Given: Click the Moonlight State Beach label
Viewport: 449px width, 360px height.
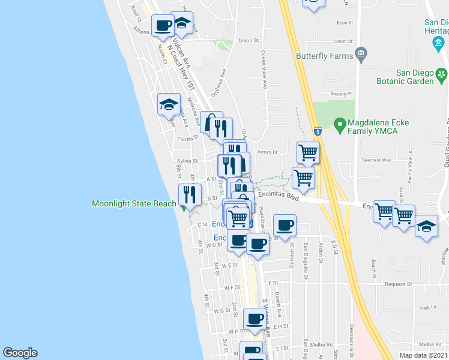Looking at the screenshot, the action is point(134,204).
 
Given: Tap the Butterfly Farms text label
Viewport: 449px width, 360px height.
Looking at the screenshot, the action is point(323,56).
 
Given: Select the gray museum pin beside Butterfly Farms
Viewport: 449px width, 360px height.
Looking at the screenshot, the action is point(361,56).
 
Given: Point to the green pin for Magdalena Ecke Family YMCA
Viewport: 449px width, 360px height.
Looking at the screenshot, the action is point(339,124).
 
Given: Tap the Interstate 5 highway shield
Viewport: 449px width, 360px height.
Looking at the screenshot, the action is point(317,131).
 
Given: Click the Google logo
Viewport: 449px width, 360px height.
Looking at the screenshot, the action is point(20,353).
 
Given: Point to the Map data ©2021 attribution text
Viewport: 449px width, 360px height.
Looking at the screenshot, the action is point(424,355).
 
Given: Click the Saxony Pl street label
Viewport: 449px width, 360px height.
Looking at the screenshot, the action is point(344,94).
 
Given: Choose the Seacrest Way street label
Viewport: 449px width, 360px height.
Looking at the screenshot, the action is point(376,160).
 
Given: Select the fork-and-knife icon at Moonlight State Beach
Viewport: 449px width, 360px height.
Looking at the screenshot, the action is point(190,194).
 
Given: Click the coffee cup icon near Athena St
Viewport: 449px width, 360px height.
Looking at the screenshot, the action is point(163,25).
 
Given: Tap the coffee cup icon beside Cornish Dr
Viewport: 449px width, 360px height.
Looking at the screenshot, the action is point(285,226).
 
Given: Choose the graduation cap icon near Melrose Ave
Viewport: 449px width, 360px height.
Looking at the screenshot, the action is point(169,104).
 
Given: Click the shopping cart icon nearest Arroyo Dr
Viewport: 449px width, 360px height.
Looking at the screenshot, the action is point(309,152).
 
